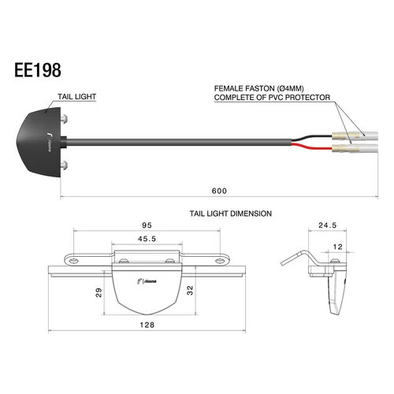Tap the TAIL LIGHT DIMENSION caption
pos(231,214)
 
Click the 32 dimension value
pos(188,290)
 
